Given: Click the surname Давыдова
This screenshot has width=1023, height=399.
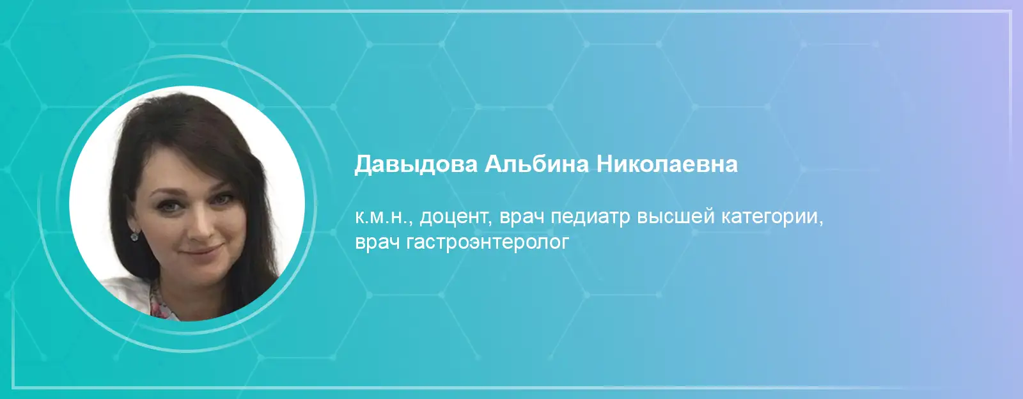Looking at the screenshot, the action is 416,164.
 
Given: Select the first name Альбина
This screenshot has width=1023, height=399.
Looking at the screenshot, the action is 536,164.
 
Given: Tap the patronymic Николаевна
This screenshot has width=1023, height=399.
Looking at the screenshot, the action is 667,164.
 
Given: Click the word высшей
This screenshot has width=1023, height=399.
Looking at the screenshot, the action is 675,217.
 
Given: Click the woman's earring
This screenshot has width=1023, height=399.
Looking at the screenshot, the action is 135,236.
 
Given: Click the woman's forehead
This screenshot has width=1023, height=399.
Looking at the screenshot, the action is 187,168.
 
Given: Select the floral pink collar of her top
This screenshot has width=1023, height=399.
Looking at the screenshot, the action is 160,304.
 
